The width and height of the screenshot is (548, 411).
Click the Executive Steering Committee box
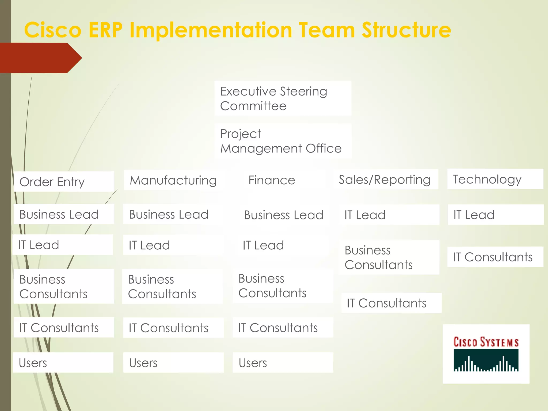pyautogui.click(x=283, y=98)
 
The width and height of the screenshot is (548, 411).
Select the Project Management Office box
pyautogui.click(x=283, y=141)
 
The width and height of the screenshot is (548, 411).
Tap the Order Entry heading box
pyautogui.click(x=64, y=182)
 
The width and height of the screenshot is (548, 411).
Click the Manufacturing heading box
pyautogui.click(x=173, y=180)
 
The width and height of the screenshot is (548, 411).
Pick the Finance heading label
pyautogui.click(x=272, y=180)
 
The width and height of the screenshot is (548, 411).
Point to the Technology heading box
pyautogui.click(x=495, y=179)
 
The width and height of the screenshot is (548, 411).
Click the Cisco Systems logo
pyautogui.click(x=486, y=354)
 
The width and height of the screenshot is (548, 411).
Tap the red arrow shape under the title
pyautogui.click(x=40, y=58)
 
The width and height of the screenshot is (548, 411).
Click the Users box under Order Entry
pyautogui.click(x=63, y=363)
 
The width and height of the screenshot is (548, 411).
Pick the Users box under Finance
pyautogui.click(x=283, y=363)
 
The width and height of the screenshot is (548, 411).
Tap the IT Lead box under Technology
pyautogui.click(x=495, y=215)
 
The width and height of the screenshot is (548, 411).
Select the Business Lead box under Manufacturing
pyautogui.click(x=173, y=214)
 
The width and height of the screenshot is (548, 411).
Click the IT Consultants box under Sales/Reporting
pyautogui.click(x=391, y=303)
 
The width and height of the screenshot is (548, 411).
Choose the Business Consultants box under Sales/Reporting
pyautogui.click(x=389, y=257)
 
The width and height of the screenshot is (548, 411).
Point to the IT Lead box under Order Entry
pyautogui.click(x=63, y=245)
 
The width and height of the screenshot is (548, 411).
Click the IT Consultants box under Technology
pyautogui.click(x=495, y=257)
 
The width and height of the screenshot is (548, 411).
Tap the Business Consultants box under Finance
pyautogui.click(x=283, y=286)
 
